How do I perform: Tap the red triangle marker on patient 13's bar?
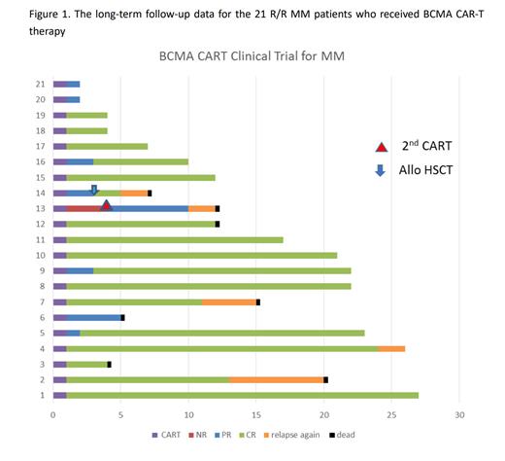pyautogui.click(x=107, y=205)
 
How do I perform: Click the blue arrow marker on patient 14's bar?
pyautogui.click(x=94, y=190)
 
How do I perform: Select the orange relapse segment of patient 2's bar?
pyautogui.click(x=276, y=379)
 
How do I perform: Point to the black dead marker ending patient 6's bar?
pyautogui.click(x=122, y=317)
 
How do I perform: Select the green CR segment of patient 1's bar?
pyautogui.click(x=243, y=395)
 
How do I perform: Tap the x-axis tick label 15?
pyautogui.click(x=256, y=415)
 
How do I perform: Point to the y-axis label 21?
pyautogui.click(x=40, y=84)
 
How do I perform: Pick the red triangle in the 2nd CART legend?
pyautogui.click(x=383, y=146)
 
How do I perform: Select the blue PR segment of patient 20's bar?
pyautogui.click(x=73, y=99)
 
